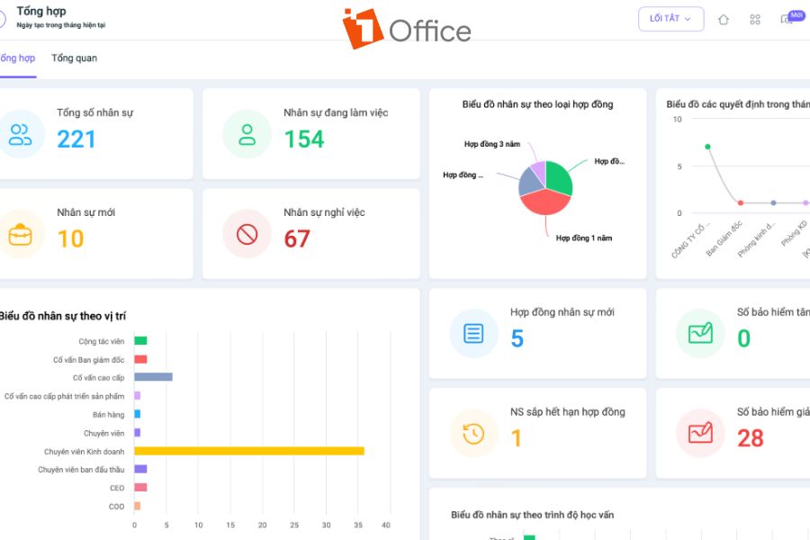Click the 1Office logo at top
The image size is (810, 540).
(x=407, y=29)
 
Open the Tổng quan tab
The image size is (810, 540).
(x=74, y=58)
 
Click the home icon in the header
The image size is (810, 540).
(x=724, y=20)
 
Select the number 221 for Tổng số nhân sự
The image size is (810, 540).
(x=76, y=139)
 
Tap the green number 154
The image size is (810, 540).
(x=304, y=139)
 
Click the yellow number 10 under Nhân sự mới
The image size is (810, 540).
(x=70, y=238)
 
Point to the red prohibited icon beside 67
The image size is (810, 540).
(x=247, y=235)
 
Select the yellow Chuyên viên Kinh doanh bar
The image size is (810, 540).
(x=248, y=451)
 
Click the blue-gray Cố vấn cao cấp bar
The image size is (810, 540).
(x=153, y=377)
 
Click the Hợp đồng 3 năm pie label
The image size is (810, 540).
(x=491, y=144)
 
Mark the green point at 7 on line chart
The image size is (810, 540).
(x=707, y=147)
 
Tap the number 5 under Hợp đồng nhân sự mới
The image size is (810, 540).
(x=517, y=338)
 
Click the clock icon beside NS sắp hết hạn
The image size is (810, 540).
(x=473, y=433)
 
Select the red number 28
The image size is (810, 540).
(x=750, y=438)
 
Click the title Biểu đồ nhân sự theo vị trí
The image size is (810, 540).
(x=63, y=316)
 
